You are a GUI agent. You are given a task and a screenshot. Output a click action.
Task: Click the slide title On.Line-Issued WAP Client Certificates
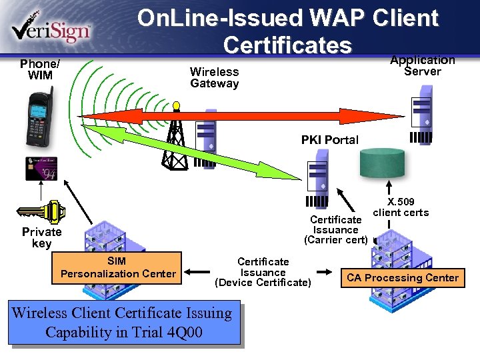[287, 31]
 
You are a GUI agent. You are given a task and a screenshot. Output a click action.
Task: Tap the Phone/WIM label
[39, 69]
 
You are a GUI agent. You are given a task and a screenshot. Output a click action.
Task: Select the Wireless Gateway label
[214, 77]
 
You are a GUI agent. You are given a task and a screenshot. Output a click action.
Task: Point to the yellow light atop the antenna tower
[176, 105]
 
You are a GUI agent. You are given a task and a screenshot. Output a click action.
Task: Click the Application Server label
[422, 65]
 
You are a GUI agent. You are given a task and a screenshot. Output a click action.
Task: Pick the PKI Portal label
[329, 140]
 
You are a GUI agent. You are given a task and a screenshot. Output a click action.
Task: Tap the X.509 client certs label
[401, 207]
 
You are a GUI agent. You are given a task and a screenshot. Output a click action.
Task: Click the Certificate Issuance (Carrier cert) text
[335, 229]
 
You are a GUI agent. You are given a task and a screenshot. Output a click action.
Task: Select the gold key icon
[41, 212]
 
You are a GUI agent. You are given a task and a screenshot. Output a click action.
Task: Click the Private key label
[41, 237]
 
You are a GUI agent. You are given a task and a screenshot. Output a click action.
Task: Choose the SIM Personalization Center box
[118, 267]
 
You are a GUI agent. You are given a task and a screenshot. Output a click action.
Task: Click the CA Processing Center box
[402, 277]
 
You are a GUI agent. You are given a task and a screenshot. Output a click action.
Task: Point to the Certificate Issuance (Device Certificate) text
[263, 272]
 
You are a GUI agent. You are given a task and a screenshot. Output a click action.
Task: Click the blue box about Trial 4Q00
[124, 323]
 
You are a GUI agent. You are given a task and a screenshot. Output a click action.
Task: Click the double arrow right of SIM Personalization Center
[197, 272]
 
